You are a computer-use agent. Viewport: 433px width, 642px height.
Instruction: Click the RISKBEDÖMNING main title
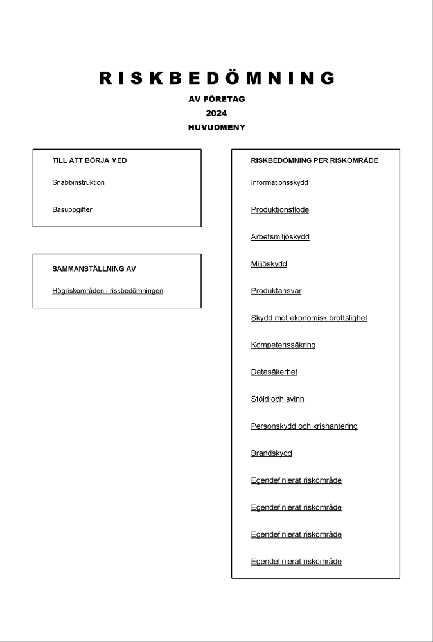click(x=216, y=78)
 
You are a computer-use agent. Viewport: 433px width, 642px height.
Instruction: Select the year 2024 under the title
click(x=216, y=114)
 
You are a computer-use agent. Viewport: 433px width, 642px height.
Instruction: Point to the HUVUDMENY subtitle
click(x=216, y=128)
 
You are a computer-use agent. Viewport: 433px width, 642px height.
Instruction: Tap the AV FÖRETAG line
click(x=216, y=100)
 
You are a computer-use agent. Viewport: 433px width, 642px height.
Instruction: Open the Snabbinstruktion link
click(x=78, y=183)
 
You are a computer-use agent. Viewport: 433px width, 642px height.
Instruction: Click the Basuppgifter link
click(x=72, y=210)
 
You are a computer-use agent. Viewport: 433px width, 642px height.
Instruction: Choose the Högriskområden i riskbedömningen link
click(x=107, y=291)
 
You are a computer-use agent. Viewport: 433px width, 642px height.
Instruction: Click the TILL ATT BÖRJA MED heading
click(x=89, y=160)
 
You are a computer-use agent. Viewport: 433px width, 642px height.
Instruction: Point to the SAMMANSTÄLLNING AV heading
click(x=94, y=269)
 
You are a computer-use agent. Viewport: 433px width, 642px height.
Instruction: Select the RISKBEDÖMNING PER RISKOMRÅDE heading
click(x=314, y=160)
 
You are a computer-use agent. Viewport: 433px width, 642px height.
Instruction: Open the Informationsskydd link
click(x=279, y=183)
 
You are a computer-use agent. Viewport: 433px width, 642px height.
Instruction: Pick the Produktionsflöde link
click(x=279, y=210)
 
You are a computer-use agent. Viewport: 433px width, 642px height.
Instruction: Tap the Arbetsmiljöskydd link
click(x=280, y=237)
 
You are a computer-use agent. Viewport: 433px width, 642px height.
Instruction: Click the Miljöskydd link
click(x=269, y=264)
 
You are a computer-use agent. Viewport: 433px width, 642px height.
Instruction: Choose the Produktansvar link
click(x=276, y=291)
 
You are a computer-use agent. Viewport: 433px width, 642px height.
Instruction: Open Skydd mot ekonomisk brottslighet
click(x=309, y=318)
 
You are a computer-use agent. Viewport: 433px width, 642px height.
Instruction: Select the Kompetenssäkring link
click(x=283, y=345)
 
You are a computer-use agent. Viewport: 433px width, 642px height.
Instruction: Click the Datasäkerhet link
click(x=274, y=372)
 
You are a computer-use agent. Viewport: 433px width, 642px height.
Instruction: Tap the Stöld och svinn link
click(x=278, y=399)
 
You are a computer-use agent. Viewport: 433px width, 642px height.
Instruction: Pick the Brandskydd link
click(x=271, y=453)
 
